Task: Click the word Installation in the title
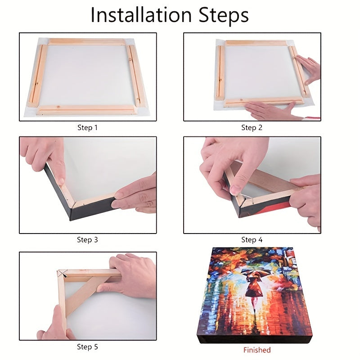coord(141,15)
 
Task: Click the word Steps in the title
coord(224,16)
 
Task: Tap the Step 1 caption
coord(87,128)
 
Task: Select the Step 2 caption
coord(252,128)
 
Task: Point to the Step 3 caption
coord(87,240)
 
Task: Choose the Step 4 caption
coord(252,240)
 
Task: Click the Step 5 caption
coord(87,346)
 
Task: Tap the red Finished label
coord(257,350)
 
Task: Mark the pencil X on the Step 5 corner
coord(62,273)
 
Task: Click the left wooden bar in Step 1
coord(37,75)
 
